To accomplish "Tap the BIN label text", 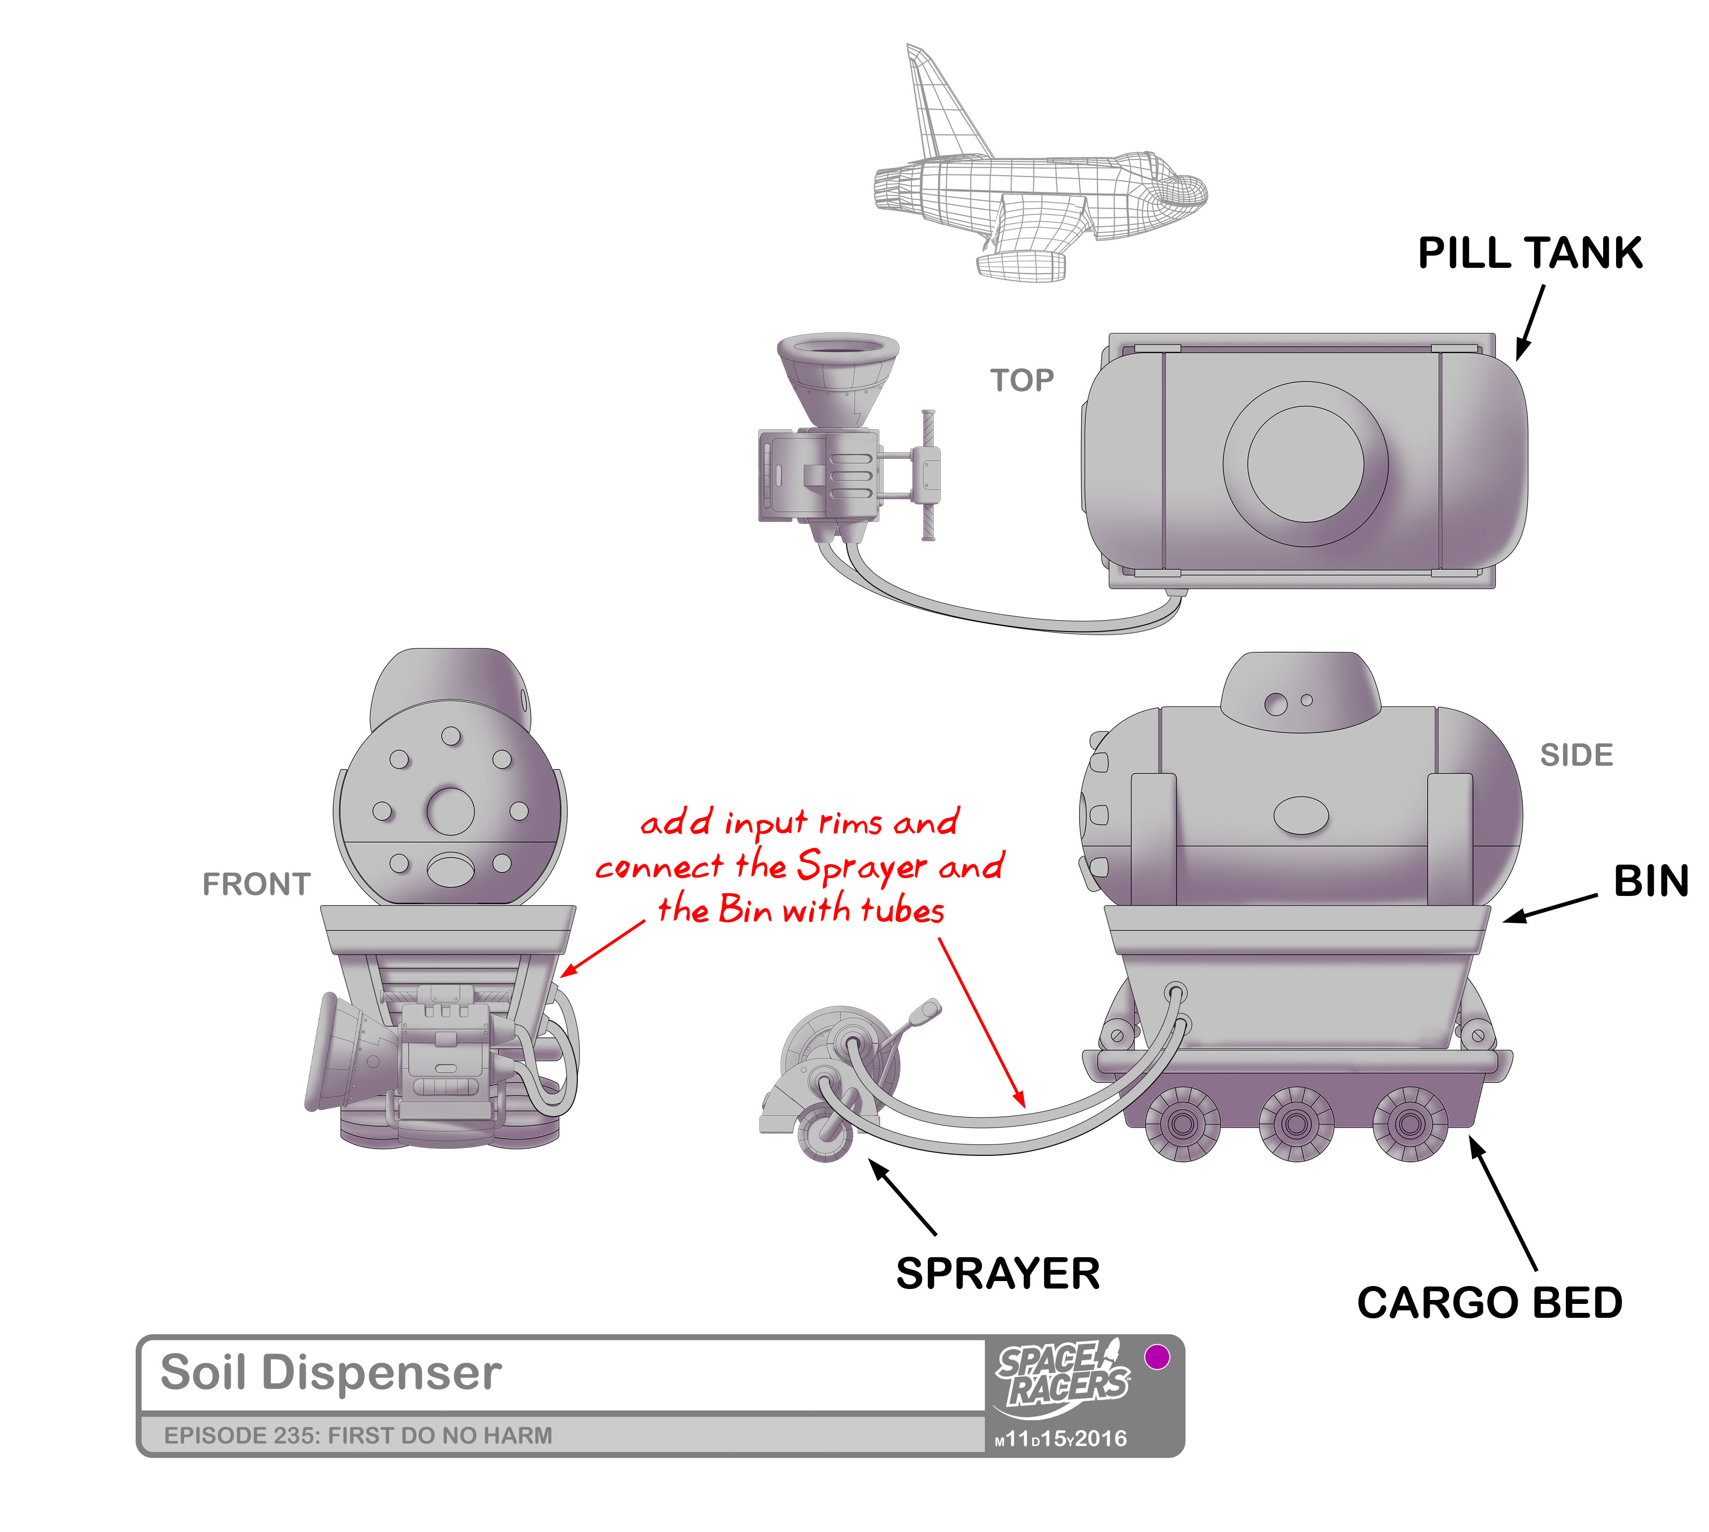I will (1650, 882).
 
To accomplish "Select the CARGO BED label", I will (1489, 1302).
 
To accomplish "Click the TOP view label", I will (1021, 381).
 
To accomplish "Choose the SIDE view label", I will (1576, 755).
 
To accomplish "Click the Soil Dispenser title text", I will (331, 1372).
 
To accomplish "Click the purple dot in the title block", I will (1157, 1356).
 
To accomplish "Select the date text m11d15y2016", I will (1061, 1439).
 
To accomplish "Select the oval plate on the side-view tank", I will (1302, 814).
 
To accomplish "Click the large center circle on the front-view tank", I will (450, 810).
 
